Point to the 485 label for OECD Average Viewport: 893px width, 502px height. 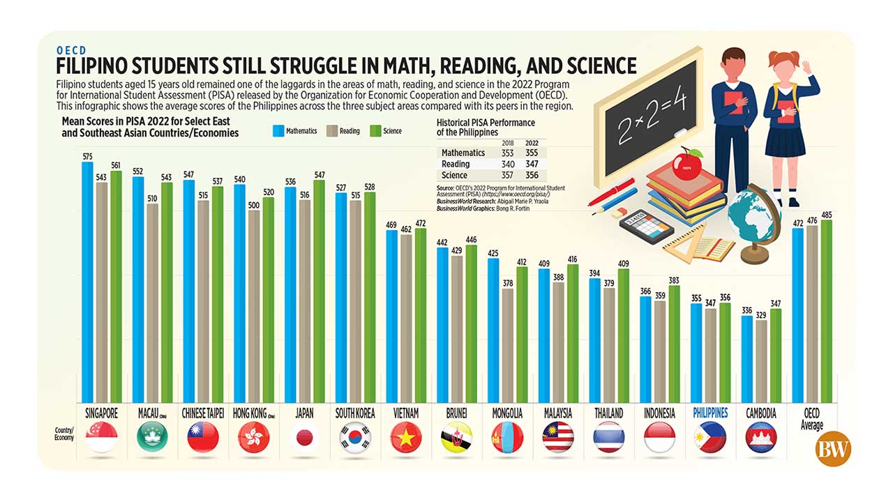point(827,215)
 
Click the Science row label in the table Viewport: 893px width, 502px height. point(454,175)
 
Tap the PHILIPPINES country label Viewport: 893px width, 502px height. point(710,413)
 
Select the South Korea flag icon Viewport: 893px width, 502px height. point(354,438)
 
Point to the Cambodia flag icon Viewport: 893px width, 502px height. point(760,438)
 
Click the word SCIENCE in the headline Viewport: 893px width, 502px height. point(592,66)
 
